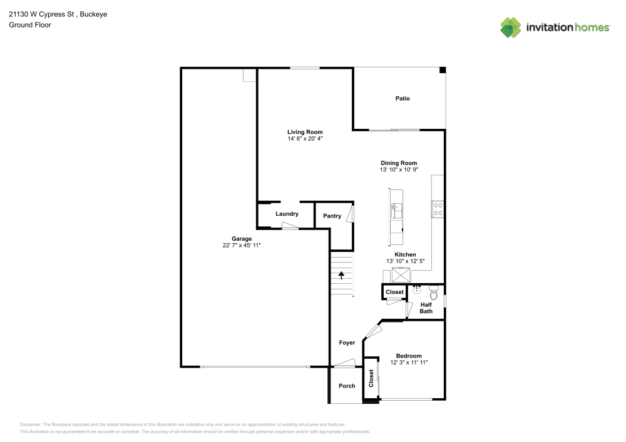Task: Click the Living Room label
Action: click(x=305, y=132)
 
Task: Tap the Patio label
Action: click(x=403, y=98)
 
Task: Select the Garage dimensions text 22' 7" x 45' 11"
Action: click(x=242, y=246)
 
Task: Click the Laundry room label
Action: click(x=287, y=214)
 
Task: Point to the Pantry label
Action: click(x=332, y=216)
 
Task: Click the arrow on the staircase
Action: click(x=342, y=274)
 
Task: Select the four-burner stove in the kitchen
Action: click(x=438, y=209)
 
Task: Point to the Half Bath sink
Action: click(x=417, y=289)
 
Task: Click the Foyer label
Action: click(x=347, y=343)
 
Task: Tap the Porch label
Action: click(x=347, y=386)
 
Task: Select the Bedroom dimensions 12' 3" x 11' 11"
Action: click(x=409, y=363)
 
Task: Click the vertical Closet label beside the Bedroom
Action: click(x=371, y=378)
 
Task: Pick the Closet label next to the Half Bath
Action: click(x=394, y=292)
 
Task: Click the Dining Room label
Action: click(x=399, y=163)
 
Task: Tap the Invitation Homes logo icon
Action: click(x=510, y=27)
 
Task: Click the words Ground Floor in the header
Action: click(x=30, y=25)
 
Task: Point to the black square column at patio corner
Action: click(x=442, y=71)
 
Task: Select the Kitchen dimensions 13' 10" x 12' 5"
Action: click(x=405, y=261)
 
